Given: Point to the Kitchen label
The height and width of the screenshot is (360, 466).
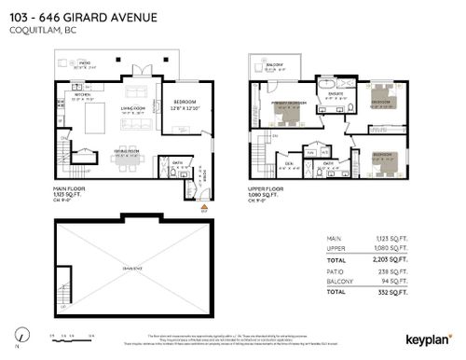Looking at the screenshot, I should tap(82, 95).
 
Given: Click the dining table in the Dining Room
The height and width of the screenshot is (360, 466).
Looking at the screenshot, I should tap(126, 159).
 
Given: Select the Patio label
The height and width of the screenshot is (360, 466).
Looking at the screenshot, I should tap(85, 63).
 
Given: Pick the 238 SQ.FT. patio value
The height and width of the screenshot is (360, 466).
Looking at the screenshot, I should tap(395, 272).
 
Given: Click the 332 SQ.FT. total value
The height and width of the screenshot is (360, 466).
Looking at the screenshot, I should tap(395, 294).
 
